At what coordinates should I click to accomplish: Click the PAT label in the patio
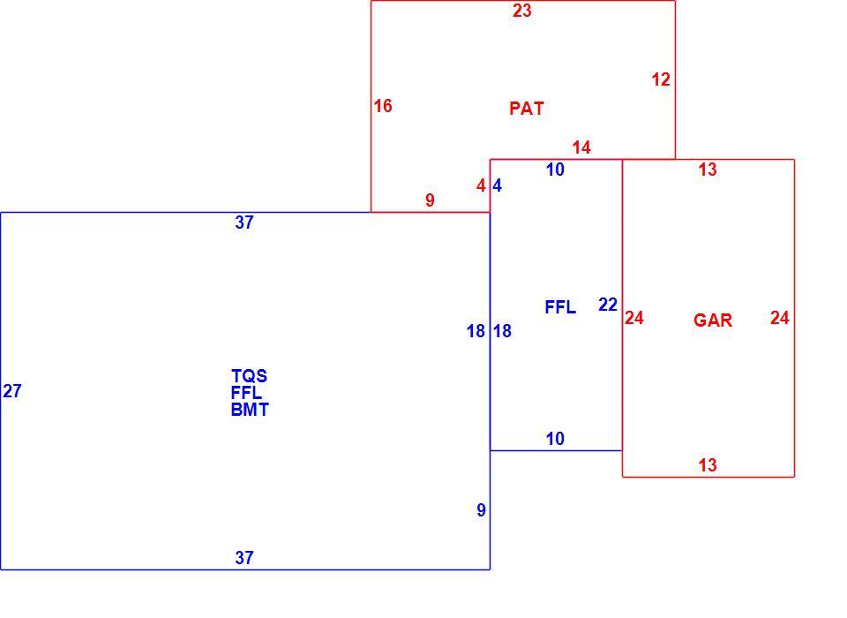[526, 109]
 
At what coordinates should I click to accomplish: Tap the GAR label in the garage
[713, 320]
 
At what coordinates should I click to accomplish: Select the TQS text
[249, 376]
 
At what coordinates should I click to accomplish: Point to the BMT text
[250, 410]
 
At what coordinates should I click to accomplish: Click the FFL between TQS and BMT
[246, 393]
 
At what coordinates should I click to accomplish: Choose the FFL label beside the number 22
[560, 307]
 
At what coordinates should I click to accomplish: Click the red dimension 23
[522, 11]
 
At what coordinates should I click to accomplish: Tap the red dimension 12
[661, 79]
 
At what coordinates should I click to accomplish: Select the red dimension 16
[383, 106]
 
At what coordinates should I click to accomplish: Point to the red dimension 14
[581, 147]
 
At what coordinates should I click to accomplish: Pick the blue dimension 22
[608, 305]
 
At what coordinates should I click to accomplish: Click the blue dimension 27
[11, 391]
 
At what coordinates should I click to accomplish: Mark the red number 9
[430, 200]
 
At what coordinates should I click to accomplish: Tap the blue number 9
[481, 510]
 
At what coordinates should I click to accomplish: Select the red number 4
[481, 186]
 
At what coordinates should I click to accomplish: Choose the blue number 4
[497, 186]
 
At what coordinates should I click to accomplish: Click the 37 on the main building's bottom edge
[244, 557]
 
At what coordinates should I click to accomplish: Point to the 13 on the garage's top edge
[708, 170]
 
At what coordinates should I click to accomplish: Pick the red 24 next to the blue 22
[634, 318]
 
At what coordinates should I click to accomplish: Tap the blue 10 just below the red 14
[555, 170]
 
